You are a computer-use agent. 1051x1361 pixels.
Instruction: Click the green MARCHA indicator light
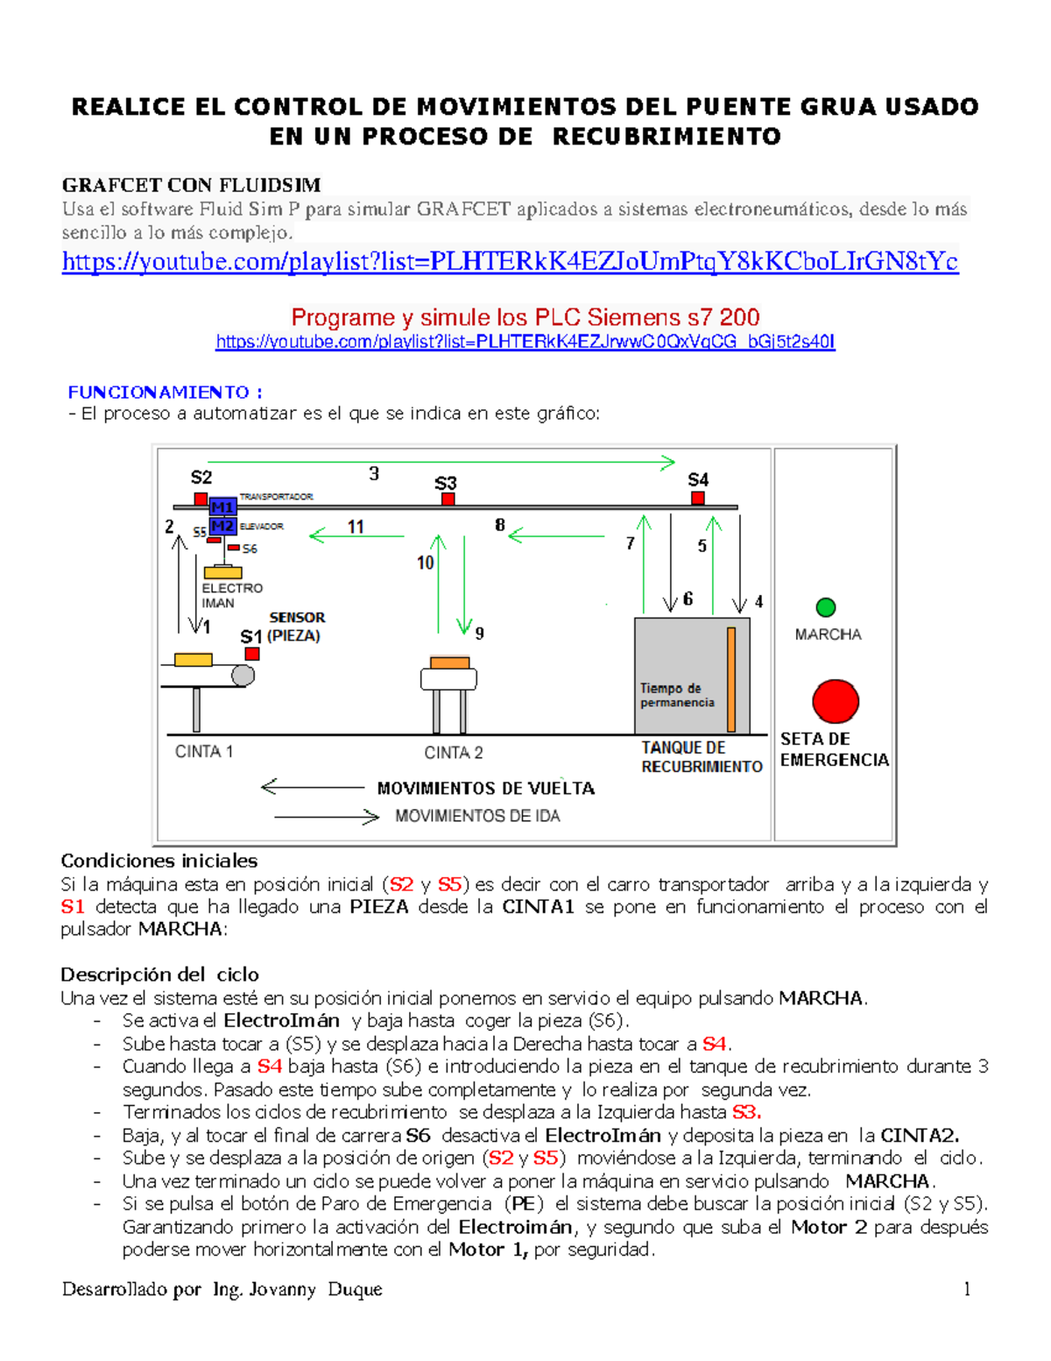[825, 606]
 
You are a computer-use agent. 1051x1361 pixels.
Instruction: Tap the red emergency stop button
[836, 701]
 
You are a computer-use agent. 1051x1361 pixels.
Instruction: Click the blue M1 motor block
[222, 507]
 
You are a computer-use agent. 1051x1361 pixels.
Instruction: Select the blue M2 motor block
[222, 526]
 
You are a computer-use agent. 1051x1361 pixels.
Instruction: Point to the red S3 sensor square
[448, 499]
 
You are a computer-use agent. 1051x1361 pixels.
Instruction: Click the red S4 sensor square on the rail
[697, 498]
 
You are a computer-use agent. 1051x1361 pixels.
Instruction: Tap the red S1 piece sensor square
[252, 654]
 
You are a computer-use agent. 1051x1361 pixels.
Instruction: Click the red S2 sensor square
[201, 499]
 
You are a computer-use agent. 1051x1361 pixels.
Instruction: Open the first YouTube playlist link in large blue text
[510, 261]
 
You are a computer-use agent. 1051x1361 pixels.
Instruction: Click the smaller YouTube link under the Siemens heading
[525, 342]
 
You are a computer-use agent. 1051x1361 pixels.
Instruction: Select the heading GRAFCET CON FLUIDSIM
[191, 185]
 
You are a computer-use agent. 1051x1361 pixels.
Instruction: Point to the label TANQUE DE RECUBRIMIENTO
[701, 757]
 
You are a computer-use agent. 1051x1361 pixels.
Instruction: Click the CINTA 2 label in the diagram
[453, 753]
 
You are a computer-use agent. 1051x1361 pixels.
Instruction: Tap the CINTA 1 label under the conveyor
[204, 751]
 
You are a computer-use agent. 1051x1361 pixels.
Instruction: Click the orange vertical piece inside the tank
[730, 679]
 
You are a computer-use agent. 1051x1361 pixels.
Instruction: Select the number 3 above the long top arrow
[374, 474]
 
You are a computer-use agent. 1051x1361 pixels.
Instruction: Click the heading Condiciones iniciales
[159, 861]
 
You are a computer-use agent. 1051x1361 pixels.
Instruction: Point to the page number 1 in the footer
[967, 1288]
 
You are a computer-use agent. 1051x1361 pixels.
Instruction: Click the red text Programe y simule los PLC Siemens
[525, 317]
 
